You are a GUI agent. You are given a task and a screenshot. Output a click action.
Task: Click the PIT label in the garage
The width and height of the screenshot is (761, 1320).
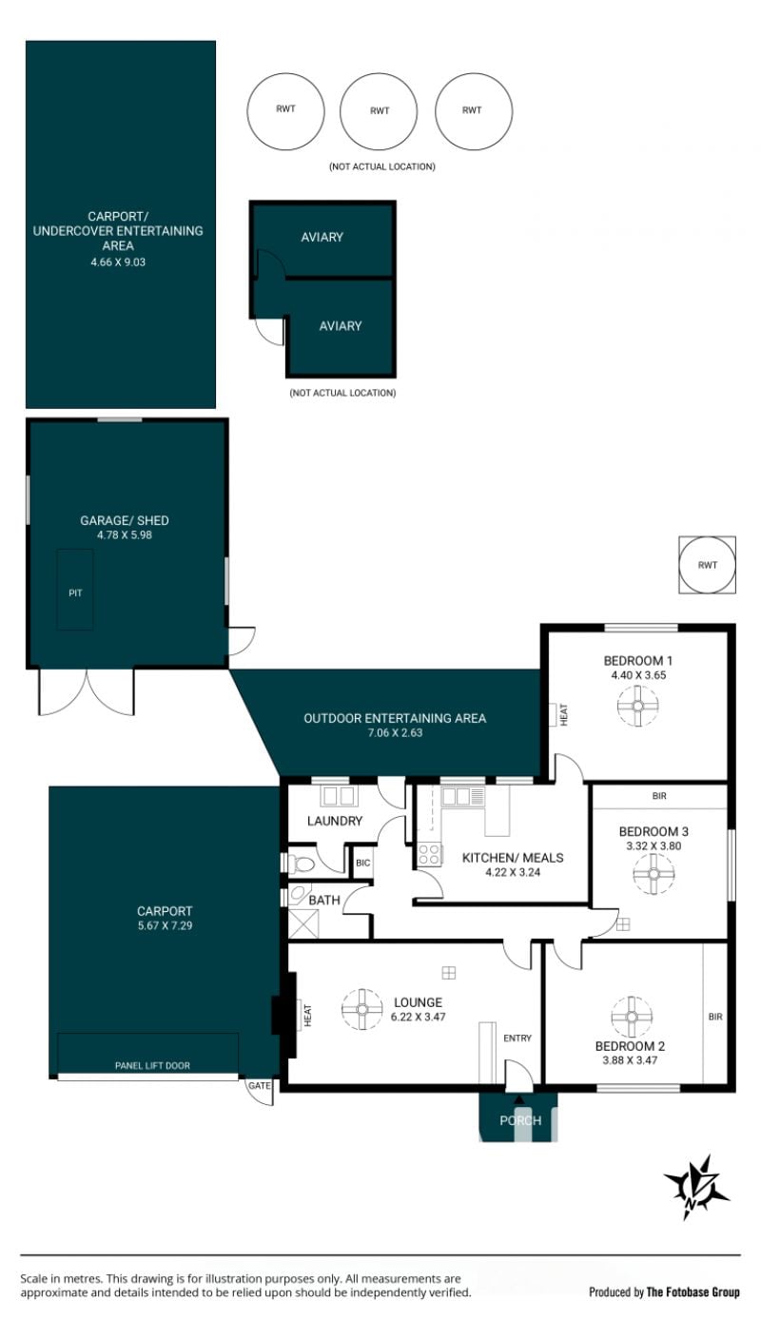click(x=75, y=592)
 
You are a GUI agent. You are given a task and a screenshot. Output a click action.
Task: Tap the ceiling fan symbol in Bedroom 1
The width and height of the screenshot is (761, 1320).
click(x=637, y=706)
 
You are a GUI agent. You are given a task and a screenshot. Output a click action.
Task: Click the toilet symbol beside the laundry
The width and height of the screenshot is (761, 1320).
click(x=302, y=864)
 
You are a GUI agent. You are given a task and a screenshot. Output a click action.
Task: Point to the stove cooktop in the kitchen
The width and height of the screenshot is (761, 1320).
click(x=430, y=854)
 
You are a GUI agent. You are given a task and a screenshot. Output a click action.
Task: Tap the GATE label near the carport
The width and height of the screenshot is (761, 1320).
click(x=260, y=1085)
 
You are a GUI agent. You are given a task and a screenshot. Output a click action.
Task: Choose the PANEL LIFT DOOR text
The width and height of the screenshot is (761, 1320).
click(x=152, y=1065)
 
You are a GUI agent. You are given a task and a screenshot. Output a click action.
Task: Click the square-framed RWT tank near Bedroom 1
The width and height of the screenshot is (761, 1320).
click(x=707, y=565)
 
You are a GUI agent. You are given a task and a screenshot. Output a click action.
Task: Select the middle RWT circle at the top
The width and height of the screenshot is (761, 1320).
click(x=379, y=111)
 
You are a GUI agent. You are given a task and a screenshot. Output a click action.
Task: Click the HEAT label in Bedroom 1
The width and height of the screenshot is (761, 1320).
click(x=563, y=714)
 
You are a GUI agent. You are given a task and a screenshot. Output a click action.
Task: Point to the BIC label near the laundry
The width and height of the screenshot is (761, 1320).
click(x=363, y=863)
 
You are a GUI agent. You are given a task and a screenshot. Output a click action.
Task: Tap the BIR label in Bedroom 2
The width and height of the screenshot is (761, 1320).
click(x=715, y=1017)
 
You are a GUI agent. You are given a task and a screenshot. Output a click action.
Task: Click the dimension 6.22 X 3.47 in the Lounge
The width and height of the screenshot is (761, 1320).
click(x=418, y=1017)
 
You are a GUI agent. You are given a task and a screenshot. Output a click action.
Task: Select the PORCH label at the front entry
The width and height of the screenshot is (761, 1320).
click(x=520, y=1120)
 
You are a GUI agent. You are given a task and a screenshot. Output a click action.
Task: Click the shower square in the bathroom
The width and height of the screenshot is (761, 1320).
click(x=303, y=924)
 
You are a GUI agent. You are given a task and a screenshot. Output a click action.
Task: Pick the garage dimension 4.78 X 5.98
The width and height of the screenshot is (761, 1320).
click(x=125, y=535)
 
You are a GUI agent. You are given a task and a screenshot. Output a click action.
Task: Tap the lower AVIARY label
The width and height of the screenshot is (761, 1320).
click(x=341, y=326)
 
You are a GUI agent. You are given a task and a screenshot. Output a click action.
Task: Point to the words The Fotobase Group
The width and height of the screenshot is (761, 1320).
click(x=693, y=1292)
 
